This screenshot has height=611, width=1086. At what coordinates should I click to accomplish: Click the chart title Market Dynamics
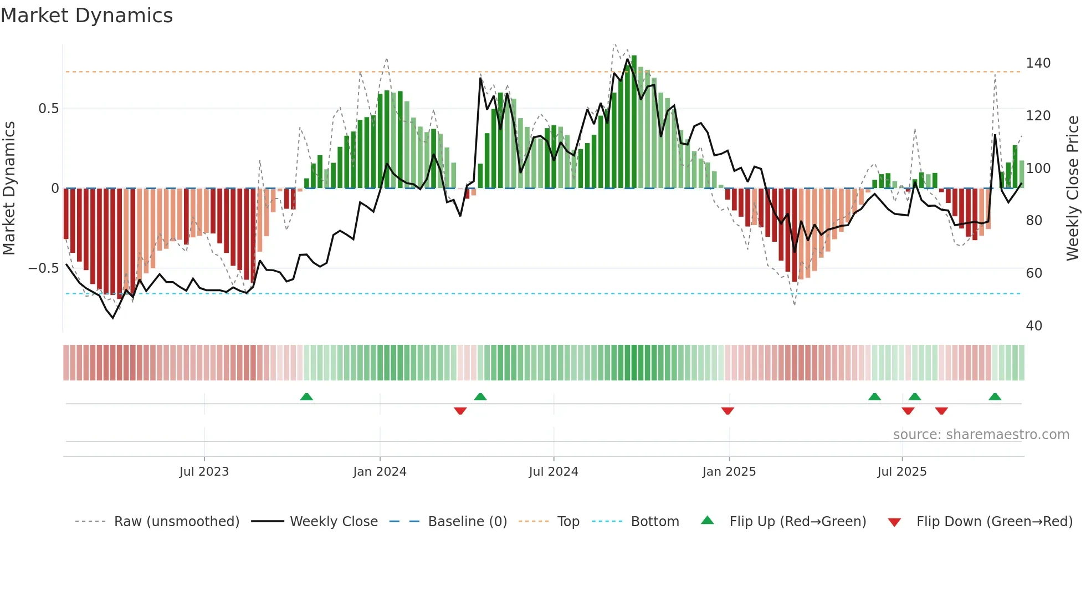(87, 16)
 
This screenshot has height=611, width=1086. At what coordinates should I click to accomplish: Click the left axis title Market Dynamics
(9, 188)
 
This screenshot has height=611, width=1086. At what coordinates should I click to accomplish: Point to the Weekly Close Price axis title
(1073, 188)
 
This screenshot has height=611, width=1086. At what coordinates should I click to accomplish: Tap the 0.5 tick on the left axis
(48, 109)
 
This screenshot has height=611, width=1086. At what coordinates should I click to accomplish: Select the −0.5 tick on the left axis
(44, 268)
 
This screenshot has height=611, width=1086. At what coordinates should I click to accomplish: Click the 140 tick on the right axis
(1038, 63)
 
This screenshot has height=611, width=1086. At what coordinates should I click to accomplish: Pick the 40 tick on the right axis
(1034, 326)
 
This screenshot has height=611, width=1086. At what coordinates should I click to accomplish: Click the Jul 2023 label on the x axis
(204, 472)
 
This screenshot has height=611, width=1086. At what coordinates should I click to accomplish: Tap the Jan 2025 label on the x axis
(729, 472)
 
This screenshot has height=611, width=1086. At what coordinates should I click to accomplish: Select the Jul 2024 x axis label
(553, 472)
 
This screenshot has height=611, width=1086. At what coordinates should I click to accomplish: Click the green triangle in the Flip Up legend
(708, 521)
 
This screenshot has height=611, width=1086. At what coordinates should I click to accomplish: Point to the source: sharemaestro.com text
(981, 435)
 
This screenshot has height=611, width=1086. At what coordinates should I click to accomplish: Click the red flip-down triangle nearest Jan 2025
(728, 410)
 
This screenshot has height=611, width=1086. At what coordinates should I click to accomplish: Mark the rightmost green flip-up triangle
(995, 397)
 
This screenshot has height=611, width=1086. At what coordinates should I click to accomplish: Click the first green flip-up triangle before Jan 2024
(306, 397)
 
